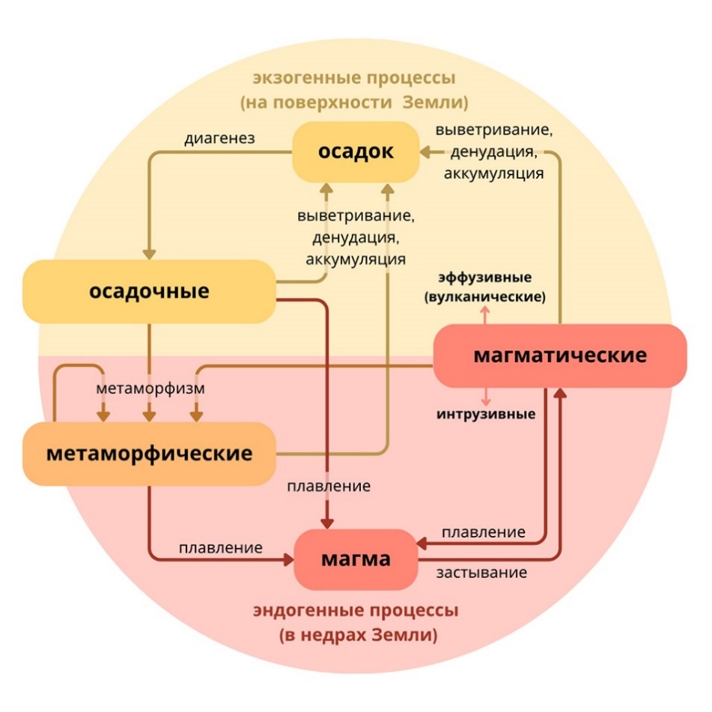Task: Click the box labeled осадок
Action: pyautogui.click(x=356, y=152)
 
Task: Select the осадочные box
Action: pyautogui.click(x=149, y=291)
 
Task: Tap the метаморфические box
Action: pyautogui.click(x=149, y=454)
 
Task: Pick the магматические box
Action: pyautogui.click(x=560, y=355)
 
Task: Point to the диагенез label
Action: pyautogui.click(x=220, y=139)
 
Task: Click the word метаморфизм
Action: pyautogui.click(x=150, y=389)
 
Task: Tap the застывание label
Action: pyautogui.click(x=481, y=573)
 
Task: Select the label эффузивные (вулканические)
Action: pyautogui.click(x=484, y=286)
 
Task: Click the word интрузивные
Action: pyautogui.click(x=486, y=414)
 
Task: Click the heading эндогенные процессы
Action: pyautogui.click(x=356, y=611)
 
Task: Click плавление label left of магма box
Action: pyautogui.click(x=220, y=547)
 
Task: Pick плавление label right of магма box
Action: pyautogui.click(x=483, y=532)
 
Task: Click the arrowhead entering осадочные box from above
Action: pyautogui.click(x=150, y=253)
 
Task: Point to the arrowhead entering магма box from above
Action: pyautogui.click(x=327, y=522)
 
